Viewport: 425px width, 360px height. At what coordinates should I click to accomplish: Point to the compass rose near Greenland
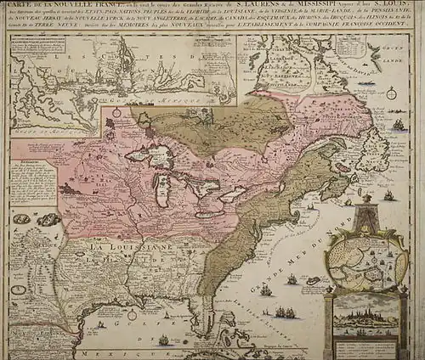click(x=389, y=93)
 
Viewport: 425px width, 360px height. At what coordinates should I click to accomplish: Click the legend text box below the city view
click(x=365, y=346)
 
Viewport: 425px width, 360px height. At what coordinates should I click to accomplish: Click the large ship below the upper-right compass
click(x=397, y=125)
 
